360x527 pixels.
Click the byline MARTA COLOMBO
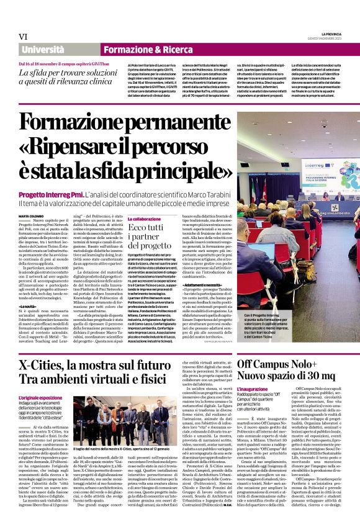tap(31, 215)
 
